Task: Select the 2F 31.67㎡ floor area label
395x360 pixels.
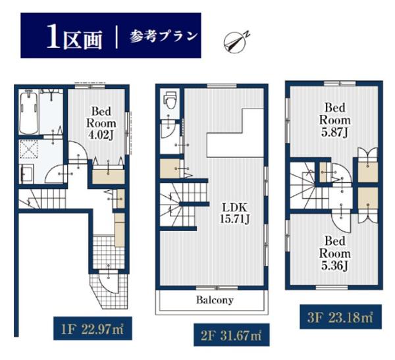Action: coord(231,335)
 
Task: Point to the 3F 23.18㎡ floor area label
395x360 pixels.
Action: coord(340,317)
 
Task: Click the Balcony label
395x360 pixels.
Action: coord(215,300)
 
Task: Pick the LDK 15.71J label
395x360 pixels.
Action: coord(234,213)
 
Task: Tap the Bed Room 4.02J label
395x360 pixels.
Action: coord(101,123)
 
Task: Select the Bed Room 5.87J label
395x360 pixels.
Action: coord(335,120)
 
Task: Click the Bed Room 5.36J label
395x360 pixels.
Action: coord(335,253)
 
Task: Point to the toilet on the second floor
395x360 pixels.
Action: coord(170,100)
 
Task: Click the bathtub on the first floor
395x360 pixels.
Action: coord(29,113)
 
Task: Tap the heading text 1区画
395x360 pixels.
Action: coord(74,39)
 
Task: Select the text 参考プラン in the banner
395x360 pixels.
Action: coord(163,37)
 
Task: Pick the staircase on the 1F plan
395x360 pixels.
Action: coord(42,199)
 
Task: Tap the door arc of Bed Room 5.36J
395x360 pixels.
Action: coord(340,222)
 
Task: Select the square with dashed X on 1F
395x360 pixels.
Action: coord(28,149)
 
